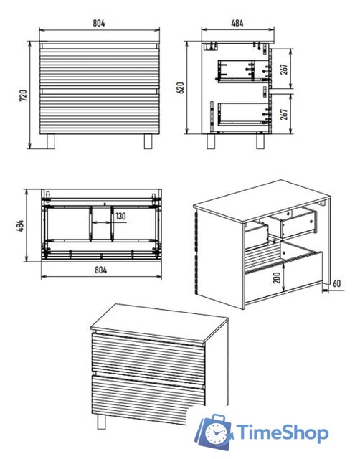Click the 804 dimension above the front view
[99, 23]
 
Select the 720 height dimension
[23, 95]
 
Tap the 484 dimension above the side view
[237, 23]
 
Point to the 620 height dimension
[180, 87]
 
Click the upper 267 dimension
[284, 69]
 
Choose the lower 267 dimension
[284, 114]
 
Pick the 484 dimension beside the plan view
[20, 226]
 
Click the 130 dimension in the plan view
[120, 217]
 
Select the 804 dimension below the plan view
[100, 270]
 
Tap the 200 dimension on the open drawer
[277, 278]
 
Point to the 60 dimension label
[337, 283]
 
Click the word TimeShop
[282, 433]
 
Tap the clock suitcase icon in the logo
[214, 432]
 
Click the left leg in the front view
[51, 141]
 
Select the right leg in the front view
[148, 141]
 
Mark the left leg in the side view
[212, 141]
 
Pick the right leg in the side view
[260, 141]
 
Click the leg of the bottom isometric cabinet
[101, 422]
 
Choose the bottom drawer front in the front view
[100, 113]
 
